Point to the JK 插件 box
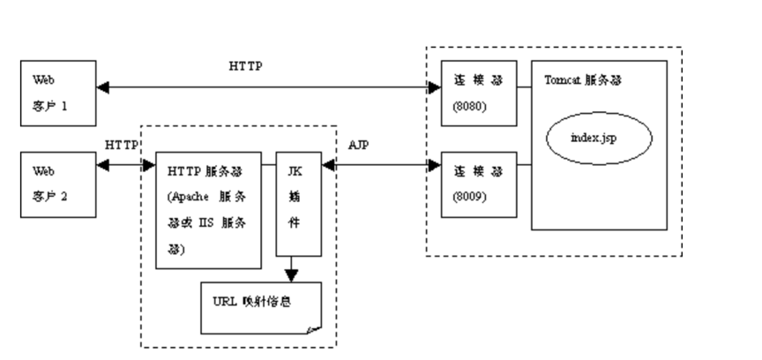[297, 204]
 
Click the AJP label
[357, 144]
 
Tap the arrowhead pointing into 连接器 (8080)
[434, 87]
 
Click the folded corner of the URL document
[313, 328]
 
